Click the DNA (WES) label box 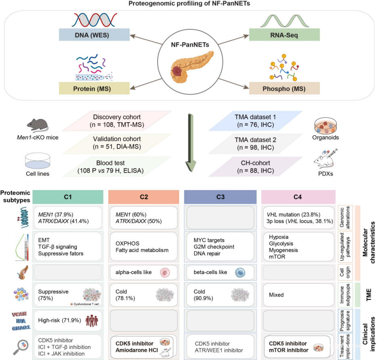coord(93,35)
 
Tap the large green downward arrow coord(188,141)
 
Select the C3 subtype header coord(220,197)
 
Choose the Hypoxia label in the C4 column coord(278,236)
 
